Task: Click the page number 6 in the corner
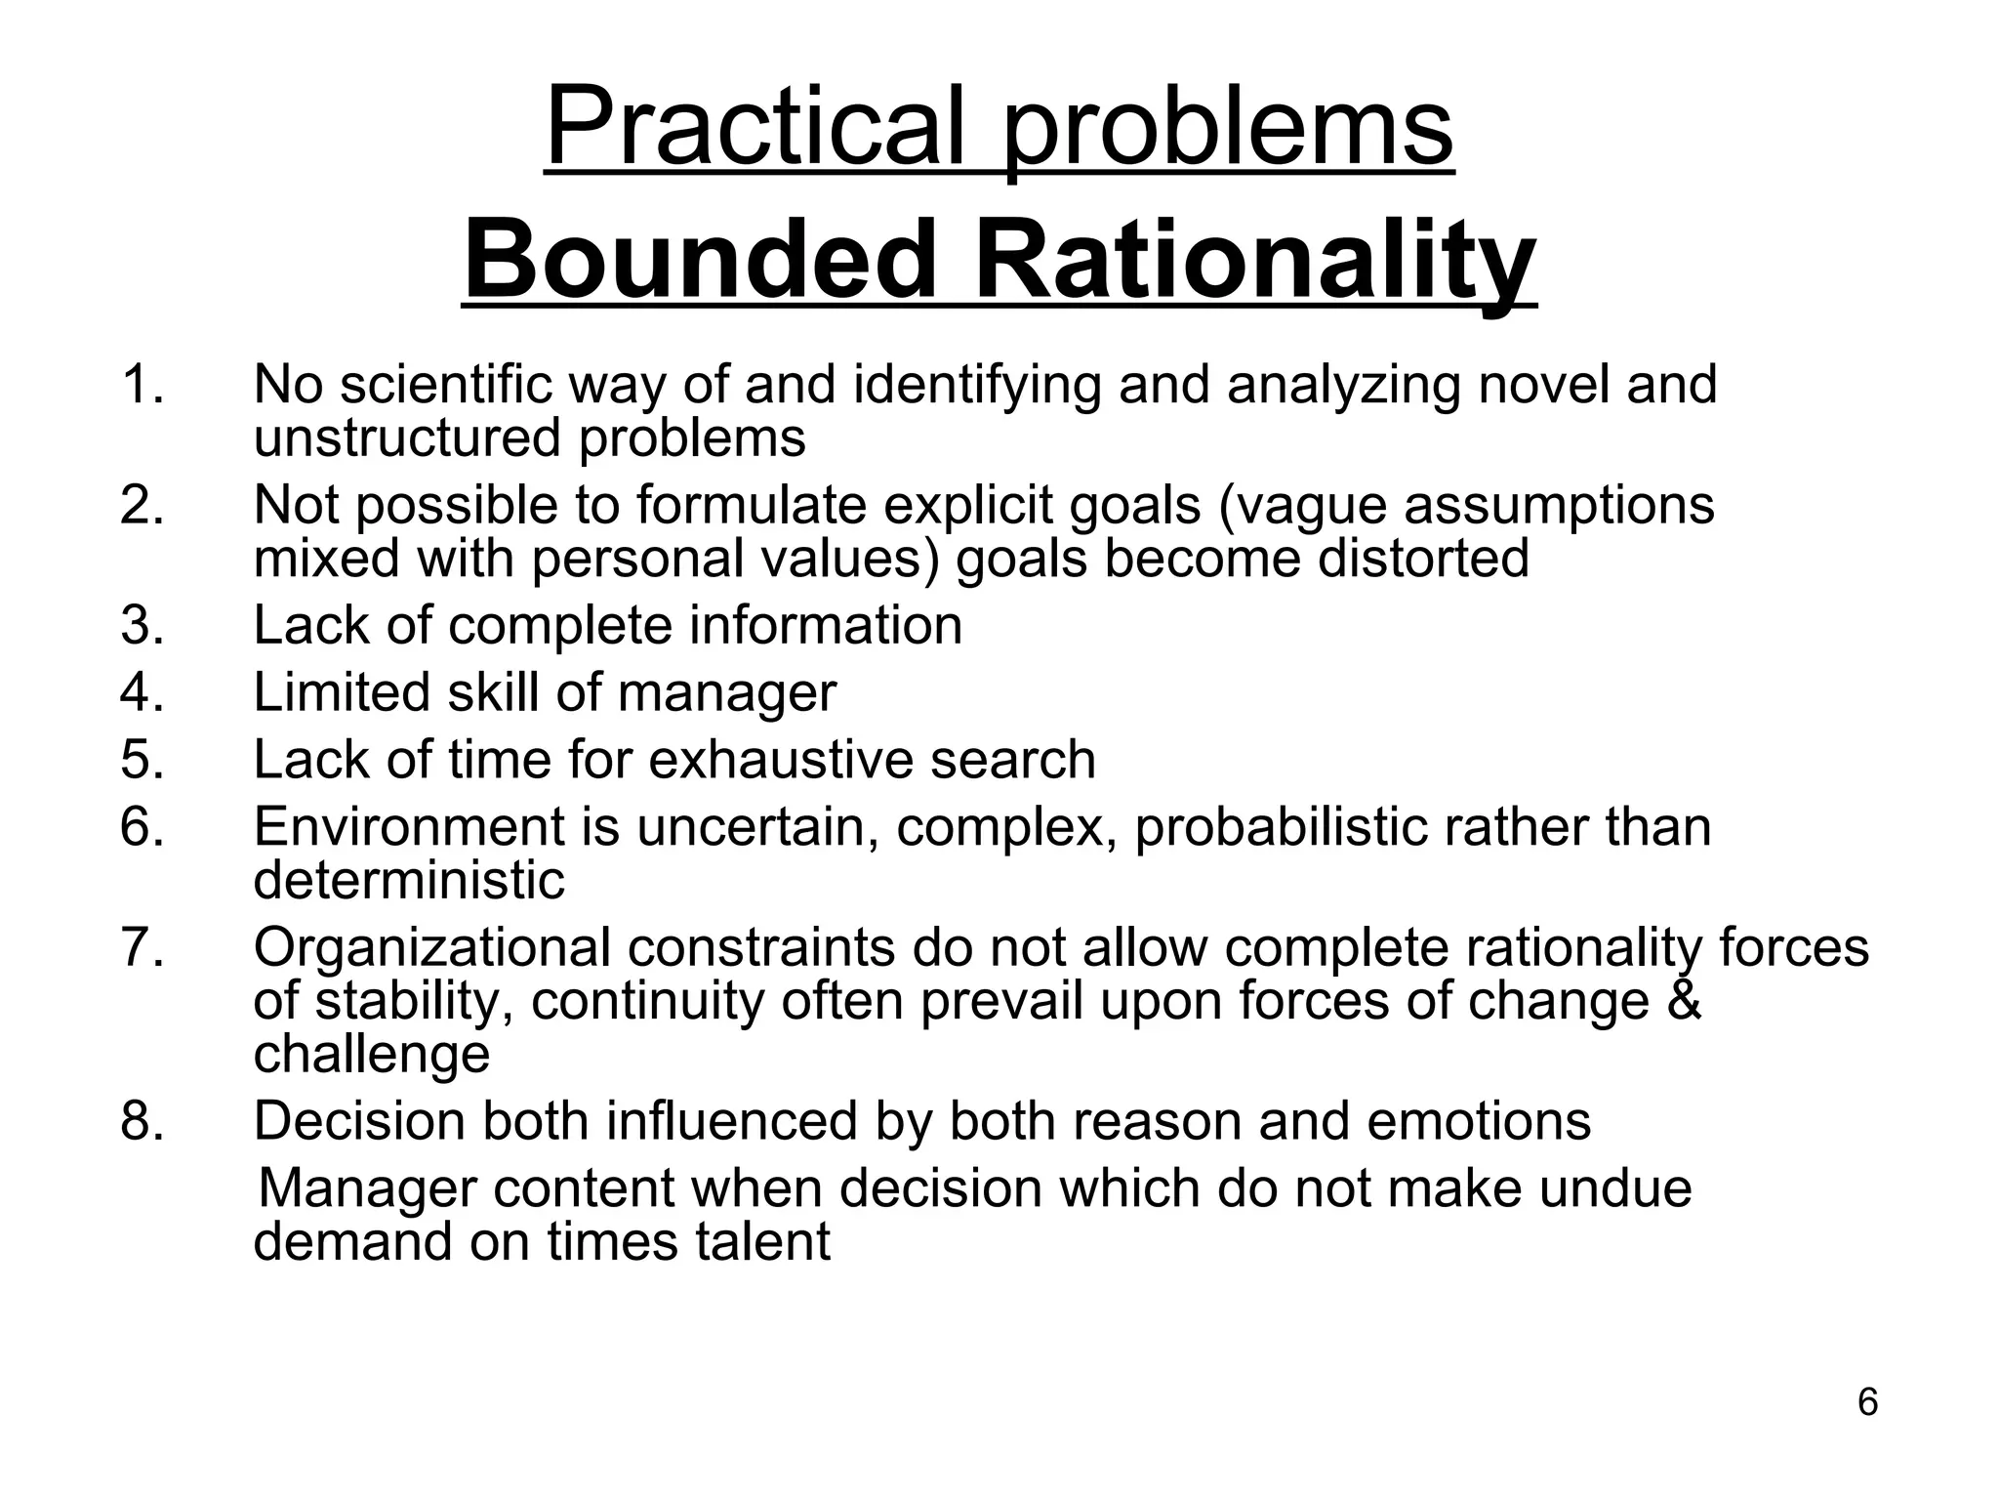tap(1867, 1402)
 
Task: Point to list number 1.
tap(142, 384)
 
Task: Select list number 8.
tap(142, 1120)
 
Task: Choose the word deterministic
tap(409, 880)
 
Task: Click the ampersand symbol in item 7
tap(1683, 1001)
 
